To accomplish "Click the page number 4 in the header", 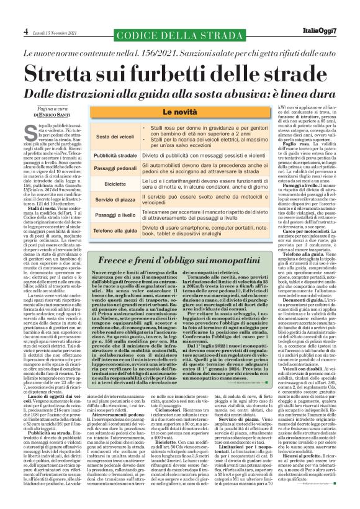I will [x=26, y=31].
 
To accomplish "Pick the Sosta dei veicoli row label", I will [x=115, y=136].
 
